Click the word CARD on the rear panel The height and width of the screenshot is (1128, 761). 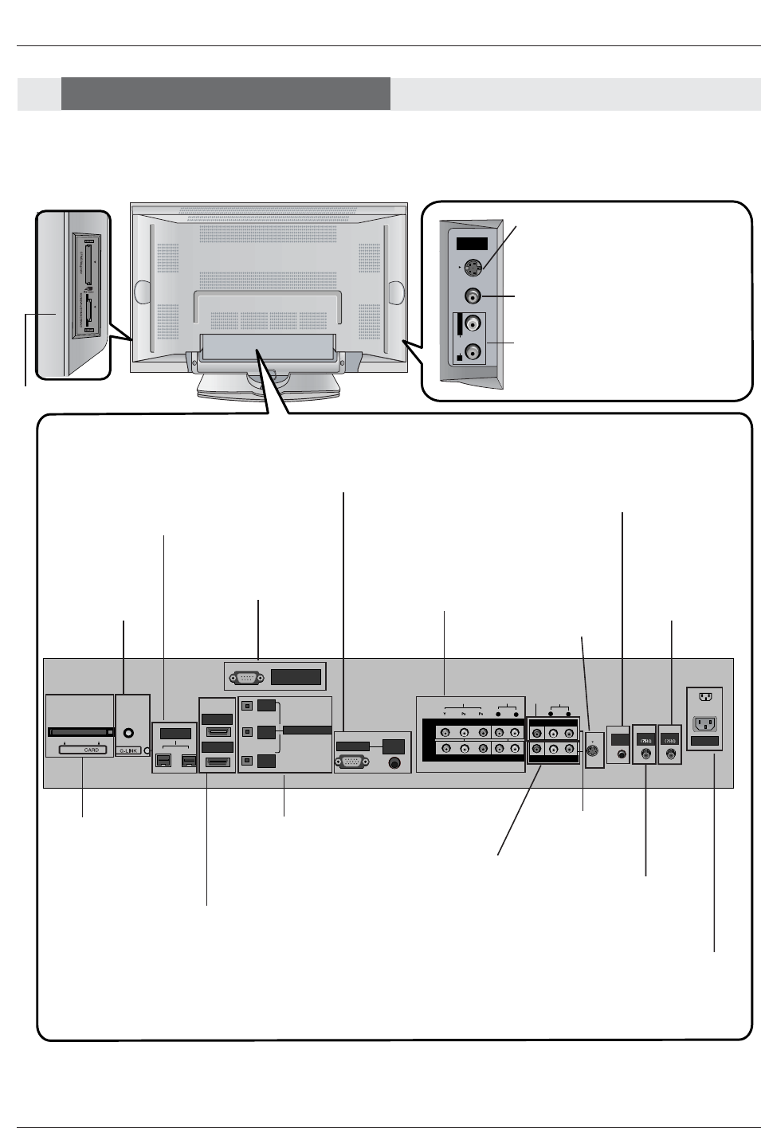92,750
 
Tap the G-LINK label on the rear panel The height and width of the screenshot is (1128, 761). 128,750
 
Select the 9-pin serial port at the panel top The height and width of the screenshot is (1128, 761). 243,678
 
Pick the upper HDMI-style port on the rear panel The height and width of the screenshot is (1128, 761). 218,732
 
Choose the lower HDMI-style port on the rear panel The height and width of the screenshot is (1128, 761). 218,762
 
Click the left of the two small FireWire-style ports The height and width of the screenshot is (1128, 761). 163,762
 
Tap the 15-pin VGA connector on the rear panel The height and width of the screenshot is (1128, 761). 351,761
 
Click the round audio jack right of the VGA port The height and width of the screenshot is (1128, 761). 393,762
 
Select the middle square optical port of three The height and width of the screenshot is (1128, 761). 248,730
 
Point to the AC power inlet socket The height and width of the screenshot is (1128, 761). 705,723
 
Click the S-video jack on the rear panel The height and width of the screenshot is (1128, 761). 593,750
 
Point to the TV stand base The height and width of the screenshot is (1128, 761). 269,390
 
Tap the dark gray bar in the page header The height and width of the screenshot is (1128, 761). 226,93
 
